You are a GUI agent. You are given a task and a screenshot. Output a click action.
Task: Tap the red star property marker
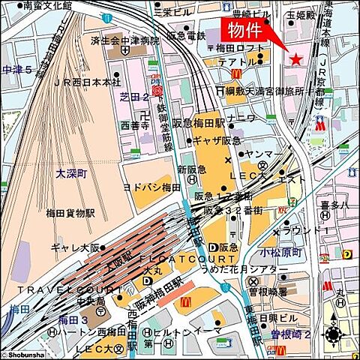[296, 58]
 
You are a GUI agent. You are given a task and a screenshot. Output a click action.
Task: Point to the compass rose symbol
[335, 334]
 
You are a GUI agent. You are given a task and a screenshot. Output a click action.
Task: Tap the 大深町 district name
[72, 173]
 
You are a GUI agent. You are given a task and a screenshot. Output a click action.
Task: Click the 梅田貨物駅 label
[69, 212]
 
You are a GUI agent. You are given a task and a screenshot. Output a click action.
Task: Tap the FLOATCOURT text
[175, 257]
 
